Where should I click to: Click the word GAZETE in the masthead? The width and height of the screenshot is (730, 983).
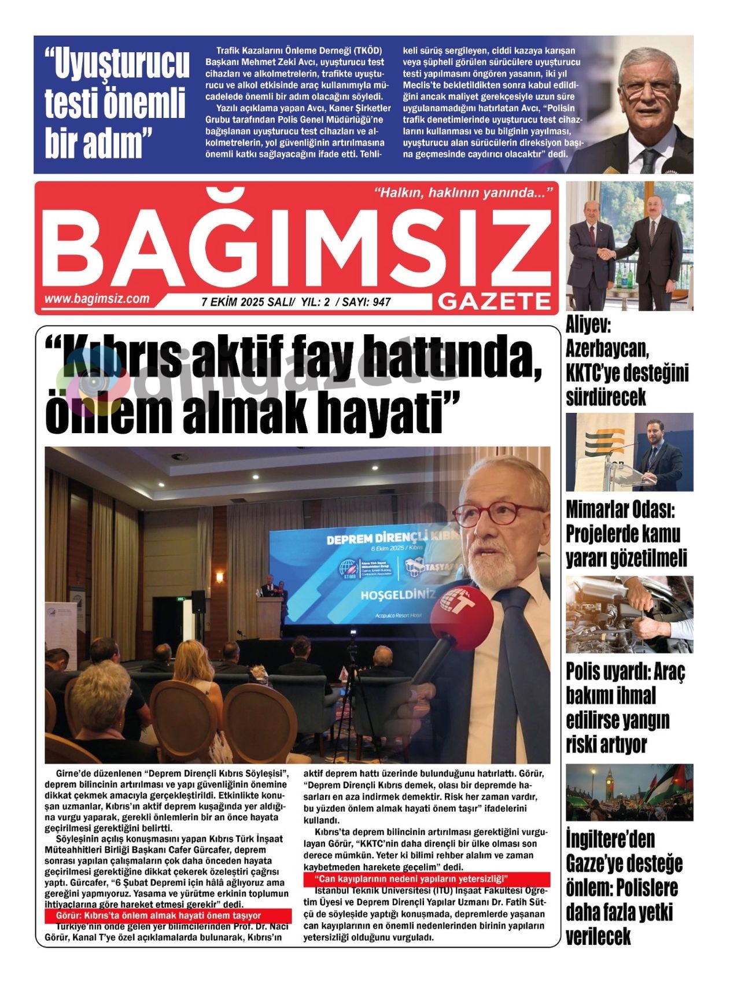point(495,301)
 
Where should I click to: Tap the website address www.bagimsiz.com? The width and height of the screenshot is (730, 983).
point(97,299)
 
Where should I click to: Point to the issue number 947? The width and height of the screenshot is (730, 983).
point(382,302)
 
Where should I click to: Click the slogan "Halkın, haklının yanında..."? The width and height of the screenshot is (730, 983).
point(463,193)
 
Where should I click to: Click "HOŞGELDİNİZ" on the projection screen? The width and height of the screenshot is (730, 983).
point(398,595)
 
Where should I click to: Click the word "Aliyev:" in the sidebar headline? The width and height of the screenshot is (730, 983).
point(588,326)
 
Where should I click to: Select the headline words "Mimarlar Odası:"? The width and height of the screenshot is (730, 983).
point(620,510)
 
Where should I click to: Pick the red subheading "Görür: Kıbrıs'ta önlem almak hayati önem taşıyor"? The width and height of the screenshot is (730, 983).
point(158,916)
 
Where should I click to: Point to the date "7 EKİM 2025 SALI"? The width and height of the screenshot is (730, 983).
point(248,302)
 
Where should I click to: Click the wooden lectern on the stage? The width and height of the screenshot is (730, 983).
point(269,615)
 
